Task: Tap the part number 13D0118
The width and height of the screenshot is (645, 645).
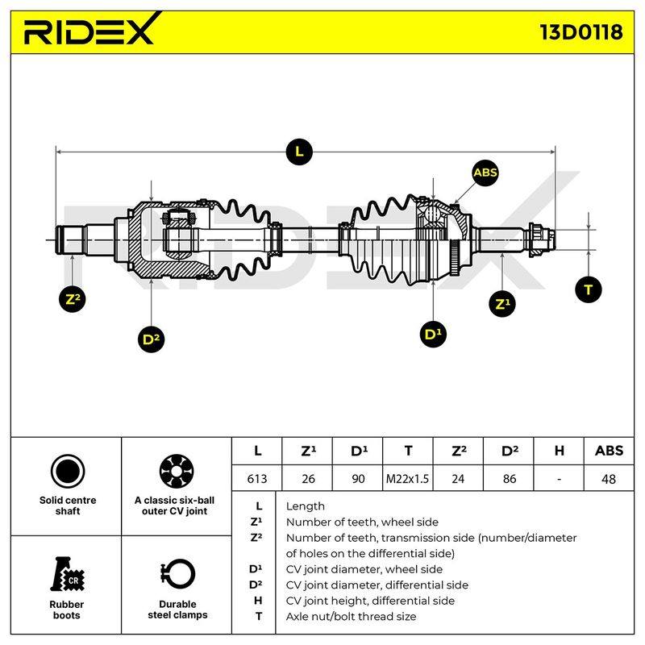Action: [580, 32]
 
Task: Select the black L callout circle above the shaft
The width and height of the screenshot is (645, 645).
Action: [299, 152]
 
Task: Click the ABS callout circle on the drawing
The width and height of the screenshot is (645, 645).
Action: [485, 173]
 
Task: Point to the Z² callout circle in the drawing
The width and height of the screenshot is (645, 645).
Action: [72, 299]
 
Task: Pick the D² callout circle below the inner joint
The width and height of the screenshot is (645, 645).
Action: [151, 339]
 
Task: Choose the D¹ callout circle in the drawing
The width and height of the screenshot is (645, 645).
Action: [433, 334]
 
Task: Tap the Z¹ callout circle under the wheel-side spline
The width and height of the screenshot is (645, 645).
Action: [501, 304]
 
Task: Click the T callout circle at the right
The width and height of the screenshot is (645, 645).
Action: [589, 289]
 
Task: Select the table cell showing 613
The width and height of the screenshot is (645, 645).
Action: [257, 478]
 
